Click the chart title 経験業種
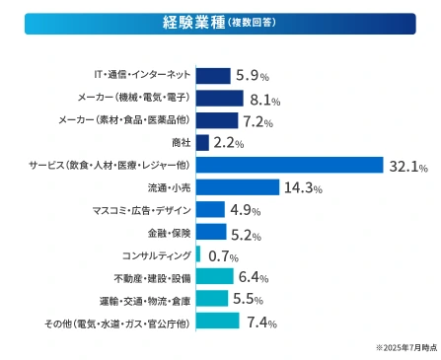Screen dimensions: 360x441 coord(194,23)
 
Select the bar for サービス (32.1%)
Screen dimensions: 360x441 coord(290,165)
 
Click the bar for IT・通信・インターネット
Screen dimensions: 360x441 coord(213,75)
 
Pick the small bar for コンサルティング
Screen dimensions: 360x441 coord(199,254)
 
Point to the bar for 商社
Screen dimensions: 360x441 coord(203,142)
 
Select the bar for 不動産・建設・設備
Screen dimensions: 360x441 coord(215,277)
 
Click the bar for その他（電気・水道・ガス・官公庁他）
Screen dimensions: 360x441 coord(218,322)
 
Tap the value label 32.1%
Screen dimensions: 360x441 coord(409,166)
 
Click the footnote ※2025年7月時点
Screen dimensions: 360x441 coord(404,348)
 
